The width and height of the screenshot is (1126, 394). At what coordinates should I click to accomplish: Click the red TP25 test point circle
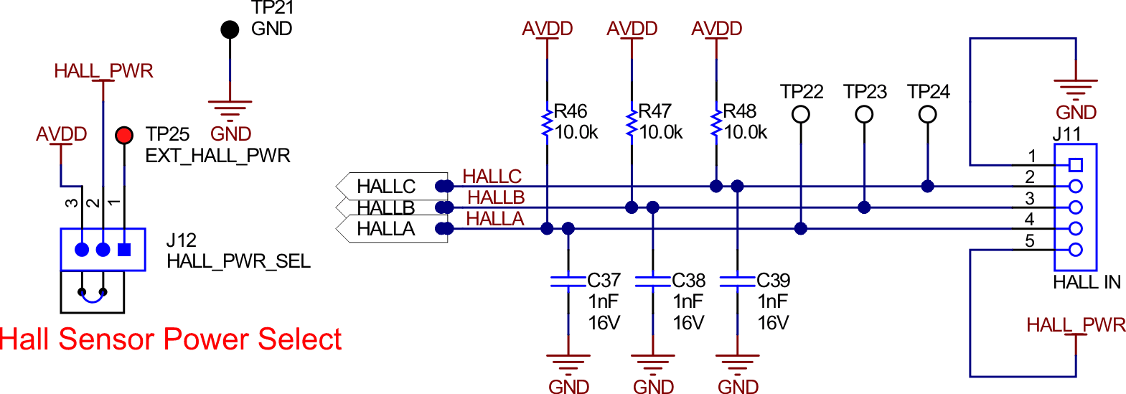click(x=124, y=134)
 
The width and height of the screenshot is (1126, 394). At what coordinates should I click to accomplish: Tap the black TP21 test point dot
click(x=230, y=29)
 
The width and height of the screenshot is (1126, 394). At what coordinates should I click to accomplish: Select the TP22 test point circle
click(x=801, y=114)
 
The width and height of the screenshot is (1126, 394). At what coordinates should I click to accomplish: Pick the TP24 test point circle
click(x=928, y=114)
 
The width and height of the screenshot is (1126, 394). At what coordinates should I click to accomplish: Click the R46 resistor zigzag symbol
click(x=547, y=123)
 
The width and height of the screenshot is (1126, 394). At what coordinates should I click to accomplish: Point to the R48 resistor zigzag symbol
click(x=716, y=123)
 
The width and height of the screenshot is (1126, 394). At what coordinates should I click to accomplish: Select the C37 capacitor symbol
click(x=568, y=281)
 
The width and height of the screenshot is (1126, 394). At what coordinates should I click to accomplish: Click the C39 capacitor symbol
click(x=738, y=281)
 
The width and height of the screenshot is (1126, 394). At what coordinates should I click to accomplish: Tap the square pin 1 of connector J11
click(x=1075, y=165)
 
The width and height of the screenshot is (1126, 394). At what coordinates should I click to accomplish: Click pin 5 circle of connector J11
click(x=1075, y=250)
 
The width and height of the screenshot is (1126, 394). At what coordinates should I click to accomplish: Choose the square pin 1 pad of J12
click(x=124, y=250)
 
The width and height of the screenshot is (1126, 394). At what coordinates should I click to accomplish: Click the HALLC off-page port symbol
click(x=392, y=186)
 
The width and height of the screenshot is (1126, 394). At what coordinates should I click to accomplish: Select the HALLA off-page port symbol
click(x=392, y=229)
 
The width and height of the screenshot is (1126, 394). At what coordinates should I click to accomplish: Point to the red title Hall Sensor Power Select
click(x=171, y=339)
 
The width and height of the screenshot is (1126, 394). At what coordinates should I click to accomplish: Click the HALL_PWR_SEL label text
click(x=238, y=261)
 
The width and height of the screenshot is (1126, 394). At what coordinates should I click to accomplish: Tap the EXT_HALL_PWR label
click(x=217, y=156)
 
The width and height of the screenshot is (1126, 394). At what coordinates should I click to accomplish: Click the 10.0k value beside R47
click(x=661, y=133)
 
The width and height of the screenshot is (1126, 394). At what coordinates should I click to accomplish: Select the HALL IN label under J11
click(x=1087, y=283)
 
